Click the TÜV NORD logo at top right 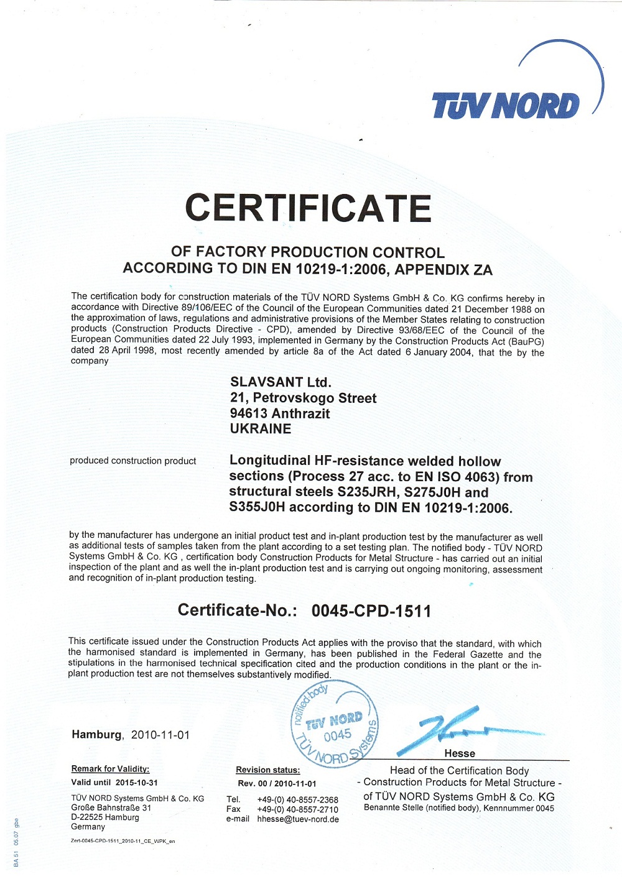coord(505,105)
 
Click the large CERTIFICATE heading coord(308,208)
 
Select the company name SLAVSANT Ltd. coord(281,382)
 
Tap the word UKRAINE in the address coord(261,429)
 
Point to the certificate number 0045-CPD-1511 coord(371,610)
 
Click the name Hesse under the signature coord(460,753)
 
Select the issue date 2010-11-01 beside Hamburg coord(160,735)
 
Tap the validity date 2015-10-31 coord(136,783)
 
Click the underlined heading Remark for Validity coord(110,769)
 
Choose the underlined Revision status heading coord(267,770)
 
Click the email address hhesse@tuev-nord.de coord(298,819)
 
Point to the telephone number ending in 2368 coord(297,799)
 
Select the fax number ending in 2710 coord(297,809)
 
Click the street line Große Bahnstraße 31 coord(111,808)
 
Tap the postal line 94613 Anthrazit coord(280,413)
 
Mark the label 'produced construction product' coord(132,461)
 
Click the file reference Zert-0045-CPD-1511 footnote coord(123,841)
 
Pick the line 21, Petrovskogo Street coord(303,398)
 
